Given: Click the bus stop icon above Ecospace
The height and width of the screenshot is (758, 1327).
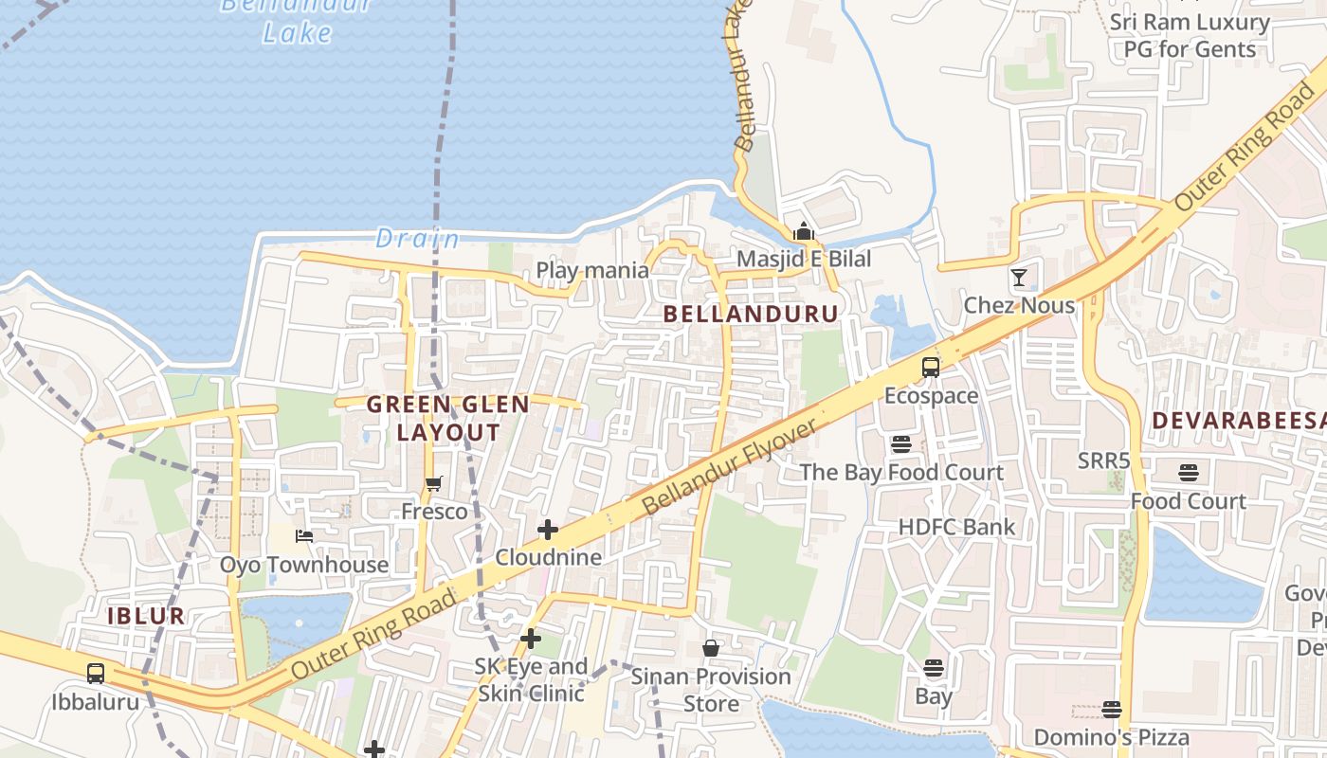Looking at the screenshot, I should tap(931, 368).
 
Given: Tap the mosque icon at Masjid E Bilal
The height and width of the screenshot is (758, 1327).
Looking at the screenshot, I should tap(804, 230).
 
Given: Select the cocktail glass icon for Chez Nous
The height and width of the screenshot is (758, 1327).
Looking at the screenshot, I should tap(1019, 278).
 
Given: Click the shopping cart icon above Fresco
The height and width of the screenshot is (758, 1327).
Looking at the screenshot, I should tap(434, 484).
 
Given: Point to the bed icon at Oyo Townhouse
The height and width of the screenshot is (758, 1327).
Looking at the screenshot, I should tap(304, 536).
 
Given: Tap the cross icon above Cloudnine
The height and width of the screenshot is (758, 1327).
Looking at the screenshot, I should tap(548, 530).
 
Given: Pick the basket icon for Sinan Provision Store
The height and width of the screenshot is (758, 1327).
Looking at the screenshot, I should tap(711, 648).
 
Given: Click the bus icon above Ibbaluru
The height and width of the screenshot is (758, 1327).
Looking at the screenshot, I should tap(96, 674).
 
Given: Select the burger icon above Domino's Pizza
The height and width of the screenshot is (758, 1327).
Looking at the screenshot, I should tap(1112, 709).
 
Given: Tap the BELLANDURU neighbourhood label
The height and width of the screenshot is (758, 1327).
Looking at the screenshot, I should tap(751, 314).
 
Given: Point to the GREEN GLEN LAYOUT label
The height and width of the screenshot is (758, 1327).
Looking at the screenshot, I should tap(448, 418).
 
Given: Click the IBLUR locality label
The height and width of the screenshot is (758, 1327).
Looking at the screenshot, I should tap(146, 616).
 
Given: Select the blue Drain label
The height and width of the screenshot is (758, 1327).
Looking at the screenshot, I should tap(417, 239).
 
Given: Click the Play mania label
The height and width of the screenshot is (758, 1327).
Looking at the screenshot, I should tap(592, 270).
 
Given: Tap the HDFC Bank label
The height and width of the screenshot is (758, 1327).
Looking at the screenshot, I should tap(956, 527).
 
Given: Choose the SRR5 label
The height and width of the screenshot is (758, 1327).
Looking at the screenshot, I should tap(1104, 460).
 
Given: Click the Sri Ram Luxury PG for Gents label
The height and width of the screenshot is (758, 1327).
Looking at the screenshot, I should tap(1190, 35).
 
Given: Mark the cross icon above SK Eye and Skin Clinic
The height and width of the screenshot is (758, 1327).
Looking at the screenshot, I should tap(531, 639).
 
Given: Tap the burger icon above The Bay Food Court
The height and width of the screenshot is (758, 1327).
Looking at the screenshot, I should tap(900, 443).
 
